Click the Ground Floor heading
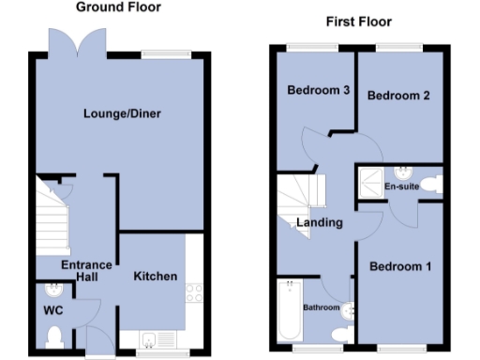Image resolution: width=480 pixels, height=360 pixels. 117,7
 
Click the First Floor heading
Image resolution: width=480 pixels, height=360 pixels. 358,22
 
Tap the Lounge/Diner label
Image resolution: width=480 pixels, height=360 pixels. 122,114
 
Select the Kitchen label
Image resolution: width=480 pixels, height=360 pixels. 155,277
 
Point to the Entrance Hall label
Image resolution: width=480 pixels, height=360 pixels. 86,272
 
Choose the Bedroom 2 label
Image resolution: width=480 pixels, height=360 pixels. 398,96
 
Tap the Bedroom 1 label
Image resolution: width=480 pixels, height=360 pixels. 400,267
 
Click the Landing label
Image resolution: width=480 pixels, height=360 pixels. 319,223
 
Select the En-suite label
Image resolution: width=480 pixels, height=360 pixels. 401,187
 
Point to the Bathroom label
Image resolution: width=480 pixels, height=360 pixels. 321,307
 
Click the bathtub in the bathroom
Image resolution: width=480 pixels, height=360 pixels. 290,311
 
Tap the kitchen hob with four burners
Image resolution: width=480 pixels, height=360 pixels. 195,292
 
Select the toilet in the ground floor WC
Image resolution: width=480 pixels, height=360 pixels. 54,333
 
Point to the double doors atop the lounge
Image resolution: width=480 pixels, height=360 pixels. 76,42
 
